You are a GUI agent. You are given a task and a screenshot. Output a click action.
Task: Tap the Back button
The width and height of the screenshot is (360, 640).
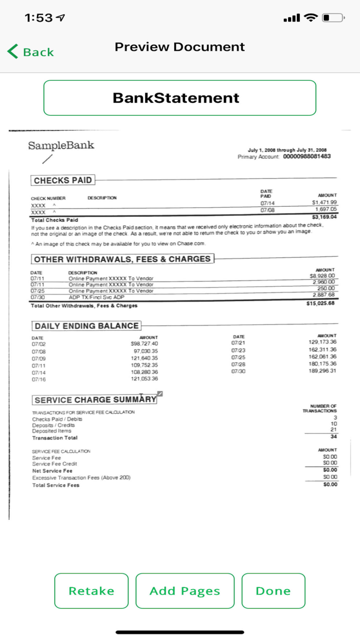point(31,52)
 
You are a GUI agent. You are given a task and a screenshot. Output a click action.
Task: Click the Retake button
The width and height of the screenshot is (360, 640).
point(92,591)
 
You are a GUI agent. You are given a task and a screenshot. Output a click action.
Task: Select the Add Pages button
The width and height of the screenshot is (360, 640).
point(185,591)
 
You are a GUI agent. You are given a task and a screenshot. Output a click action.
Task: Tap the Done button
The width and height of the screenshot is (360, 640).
point(273,591)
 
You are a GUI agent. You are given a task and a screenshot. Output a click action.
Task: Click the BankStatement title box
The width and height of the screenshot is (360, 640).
point(179,98)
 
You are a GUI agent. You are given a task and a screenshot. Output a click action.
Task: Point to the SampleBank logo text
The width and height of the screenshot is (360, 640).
point(61,145)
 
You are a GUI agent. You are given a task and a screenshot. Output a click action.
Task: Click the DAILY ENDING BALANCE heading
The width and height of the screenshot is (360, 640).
point(86,326)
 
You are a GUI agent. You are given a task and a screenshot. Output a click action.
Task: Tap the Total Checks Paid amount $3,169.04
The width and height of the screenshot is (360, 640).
point(324,217)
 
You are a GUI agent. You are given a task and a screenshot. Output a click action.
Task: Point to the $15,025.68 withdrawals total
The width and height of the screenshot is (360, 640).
point(320,303)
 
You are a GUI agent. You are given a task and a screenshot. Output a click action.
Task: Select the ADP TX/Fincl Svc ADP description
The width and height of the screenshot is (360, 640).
point(97,297)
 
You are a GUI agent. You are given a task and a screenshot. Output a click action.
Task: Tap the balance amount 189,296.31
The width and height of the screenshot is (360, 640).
point(322,371)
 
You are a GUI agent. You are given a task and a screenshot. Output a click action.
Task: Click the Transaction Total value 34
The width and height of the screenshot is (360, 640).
point(334,436)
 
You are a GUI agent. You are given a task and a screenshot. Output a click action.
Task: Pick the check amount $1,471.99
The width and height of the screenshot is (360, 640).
point(325,203)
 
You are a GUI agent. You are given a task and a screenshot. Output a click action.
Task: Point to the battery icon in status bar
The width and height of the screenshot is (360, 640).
point(333,18)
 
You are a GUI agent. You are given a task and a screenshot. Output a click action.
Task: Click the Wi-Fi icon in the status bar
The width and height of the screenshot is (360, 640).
point(311,18)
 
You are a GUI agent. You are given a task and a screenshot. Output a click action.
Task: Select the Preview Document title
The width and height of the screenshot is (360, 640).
point(179,47)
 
